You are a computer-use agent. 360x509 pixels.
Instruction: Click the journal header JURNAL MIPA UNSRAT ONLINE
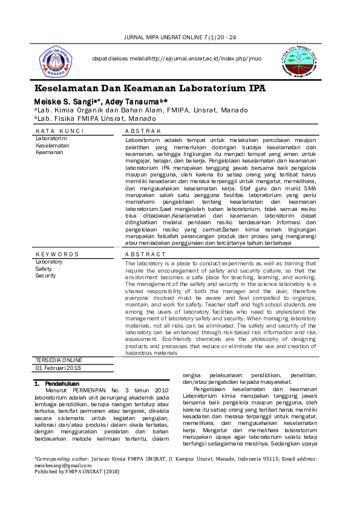(x=180, y=38)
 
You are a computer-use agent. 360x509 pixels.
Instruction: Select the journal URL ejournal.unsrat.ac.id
(x=200, y=58)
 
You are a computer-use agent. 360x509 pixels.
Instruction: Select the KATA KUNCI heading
(x=59, y=131)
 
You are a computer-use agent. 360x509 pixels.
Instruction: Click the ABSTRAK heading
(x=143, y=131)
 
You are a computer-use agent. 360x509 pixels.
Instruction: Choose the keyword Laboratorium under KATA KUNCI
(x=51, y=138)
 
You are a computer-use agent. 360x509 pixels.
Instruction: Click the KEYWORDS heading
(x=57, y=254)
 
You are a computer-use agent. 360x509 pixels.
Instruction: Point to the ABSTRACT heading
(x=145, y=254)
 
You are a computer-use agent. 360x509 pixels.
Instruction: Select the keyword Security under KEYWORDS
(x=45, y=275)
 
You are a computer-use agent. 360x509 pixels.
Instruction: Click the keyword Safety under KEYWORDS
(x=44, y=268)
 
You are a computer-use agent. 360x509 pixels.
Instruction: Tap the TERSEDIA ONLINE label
(x=59, y=360)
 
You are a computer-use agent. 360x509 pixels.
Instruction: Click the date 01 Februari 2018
(x=58, y=368)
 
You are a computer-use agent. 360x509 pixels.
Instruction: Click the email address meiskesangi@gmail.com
(x=63, y=465)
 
